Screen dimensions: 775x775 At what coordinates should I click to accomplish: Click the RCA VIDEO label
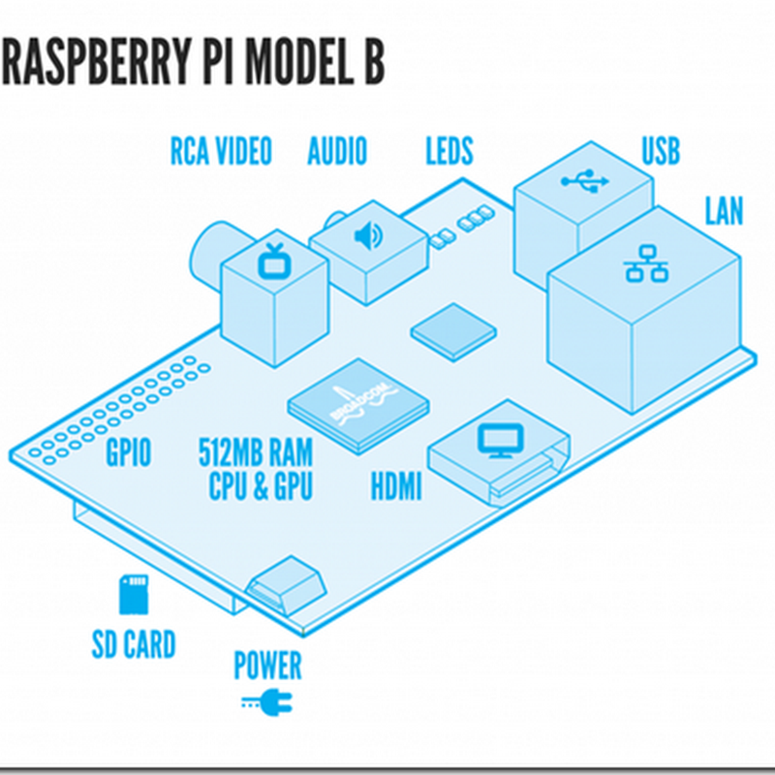pos(221,152)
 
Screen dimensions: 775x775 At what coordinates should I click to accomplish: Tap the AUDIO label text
pos(337,152)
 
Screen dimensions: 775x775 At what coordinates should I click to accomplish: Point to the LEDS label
pos(449,152)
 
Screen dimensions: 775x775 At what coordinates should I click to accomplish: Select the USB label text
pos(661,152)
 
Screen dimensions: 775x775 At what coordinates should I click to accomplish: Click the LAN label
pos(724,212)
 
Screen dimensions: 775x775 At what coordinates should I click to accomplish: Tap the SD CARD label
pos(134,644)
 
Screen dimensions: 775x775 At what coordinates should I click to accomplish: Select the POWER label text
pos(267,666)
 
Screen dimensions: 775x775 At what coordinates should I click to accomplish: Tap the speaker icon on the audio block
pos(368,236)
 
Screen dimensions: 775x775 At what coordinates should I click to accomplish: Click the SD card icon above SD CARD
pos(134,594)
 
